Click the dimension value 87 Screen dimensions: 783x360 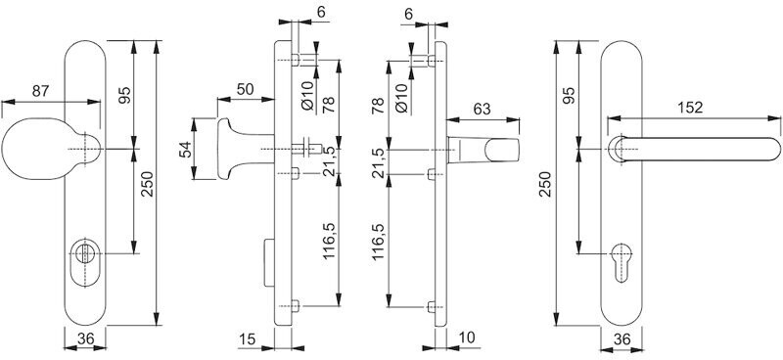[41, 91]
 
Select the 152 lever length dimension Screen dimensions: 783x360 [690, 108]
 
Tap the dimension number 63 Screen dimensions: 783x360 [482, 109]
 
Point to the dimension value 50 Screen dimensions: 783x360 [245, 90]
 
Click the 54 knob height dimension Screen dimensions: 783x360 [185, 150]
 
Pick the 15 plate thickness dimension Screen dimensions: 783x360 [248, 339]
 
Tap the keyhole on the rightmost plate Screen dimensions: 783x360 [621, 261]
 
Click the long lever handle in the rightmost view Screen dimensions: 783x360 [694, 149]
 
